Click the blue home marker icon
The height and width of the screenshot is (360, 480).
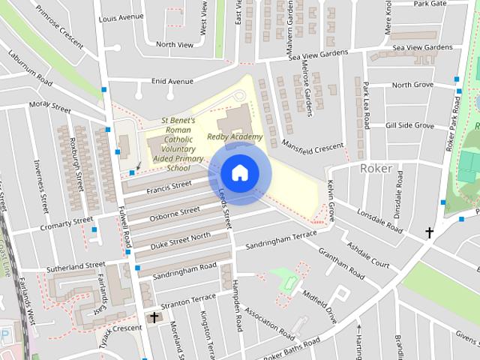coord(238,172)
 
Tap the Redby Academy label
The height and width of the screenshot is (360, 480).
coord(235,136)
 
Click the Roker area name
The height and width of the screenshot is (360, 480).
coord(376,168)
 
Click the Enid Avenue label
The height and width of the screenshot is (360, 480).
coord(172,81)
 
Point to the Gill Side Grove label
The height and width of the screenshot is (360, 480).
coord(409,125)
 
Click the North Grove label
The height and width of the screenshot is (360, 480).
coord(412,85)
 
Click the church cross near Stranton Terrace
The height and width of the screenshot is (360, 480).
coord(154,318)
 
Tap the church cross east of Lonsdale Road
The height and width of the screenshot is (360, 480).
coord(429,232)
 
